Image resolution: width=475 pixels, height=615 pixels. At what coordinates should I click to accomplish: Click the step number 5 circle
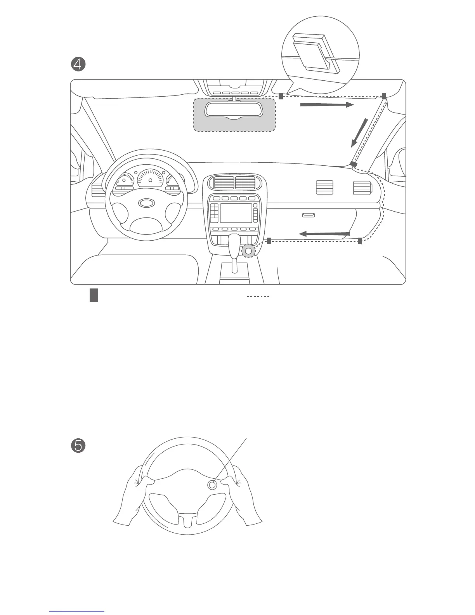[78, 446]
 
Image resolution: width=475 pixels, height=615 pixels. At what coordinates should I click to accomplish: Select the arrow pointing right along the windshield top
[327, 104]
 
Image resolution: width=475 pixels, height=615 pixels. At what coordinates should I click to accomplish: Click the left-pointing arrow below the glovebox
[324, 234]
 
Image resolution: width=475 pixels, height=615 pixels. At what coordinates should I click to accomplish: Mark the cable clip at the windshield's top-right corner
[384, 96]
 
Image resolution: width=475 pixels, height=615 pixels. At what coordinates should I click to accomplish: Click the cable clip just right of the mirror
[281, 96]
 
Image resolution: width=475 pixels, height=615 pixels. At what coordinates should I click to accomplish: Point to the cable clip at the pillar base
[354, 164]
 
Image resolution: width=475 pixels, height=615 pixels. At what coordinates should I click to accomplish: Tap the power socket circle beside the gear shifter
[248, 251]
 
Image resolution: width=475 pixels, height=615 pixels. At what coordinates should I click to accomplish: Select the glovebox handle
[309, 215]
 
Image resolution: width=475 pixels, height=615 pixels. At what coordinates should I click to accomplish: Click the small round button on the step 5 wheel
[212, 485]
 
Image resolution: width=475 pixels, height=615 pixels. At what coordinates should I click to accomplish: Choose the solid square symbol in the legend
[94, 295]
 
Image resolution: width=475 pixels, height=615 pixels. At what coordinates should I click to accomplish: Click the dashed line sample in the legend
[258, 297]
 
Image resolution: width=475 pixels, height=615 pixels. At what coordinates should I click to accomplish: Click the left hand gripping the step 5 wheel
[134, 493]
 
